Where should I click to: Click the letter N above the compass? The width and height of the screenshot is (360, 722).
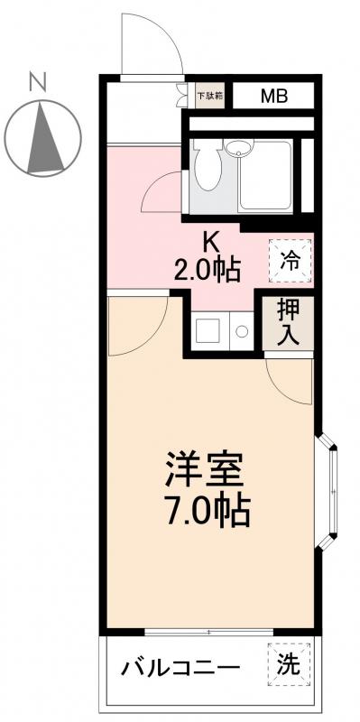[x=37, y=83]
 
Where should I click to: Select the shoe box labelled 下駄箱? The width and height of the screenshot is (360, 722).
[x=210, y=93]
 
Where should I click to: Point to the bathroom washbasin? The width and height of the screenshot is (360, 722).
[x=239, y=149]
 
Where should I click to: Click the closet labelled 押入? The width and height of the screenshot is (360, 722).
[x=288, y=323]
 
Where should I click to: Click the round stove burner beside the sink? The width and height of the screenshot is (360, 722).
[x=241, y=331]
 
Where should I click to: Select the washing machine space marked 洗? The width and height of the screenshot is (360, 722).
[x=288, y=666]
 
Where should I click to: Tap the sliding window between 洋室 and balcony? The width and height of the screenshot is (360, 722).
[x=208, y=631]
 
